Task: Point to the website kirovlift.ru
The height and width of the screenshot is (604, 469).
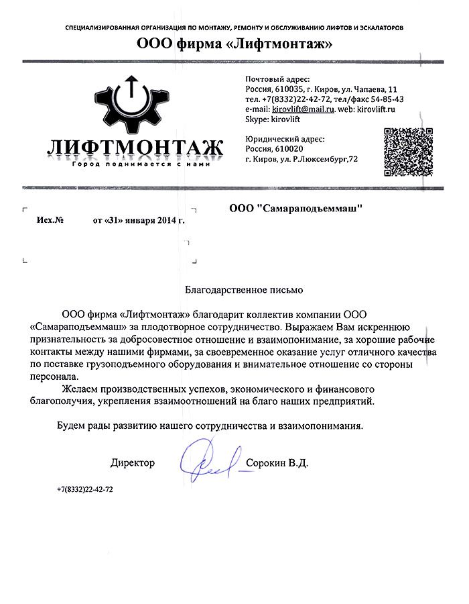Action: point(377,108)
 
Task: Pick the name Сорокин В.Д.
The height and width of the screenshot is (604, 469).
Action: point(277,463)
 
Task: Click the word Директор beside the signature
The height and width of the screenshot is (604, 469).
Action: point(133,463)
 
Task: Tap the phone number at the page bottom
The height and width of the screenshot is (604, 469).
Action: point(85,490)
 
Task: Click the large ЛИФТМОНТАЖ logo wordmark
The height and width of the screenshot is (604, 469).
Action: point(135,146)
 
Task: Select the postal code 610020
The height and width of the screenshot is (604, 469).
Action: point(289,149)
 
